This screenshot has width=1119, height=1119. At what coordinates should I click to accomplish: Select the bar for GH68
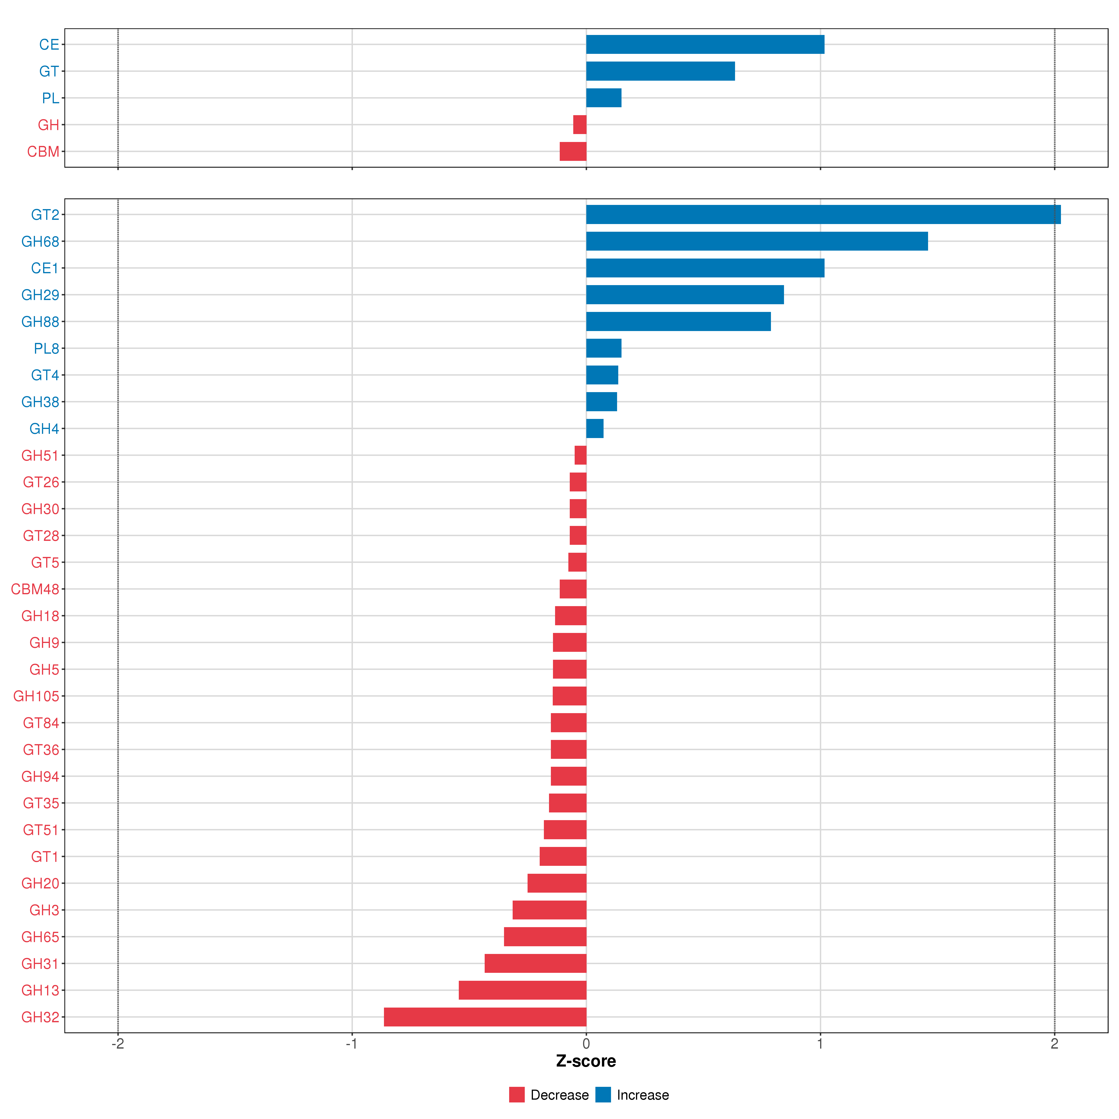click(x=757, y=241)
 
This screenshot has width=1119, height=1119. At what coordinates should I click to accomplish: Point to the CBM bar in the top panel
click(x=573, y=151)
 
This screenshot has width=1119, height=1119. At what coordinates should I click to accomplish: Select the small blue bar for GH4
click(x=595, y=429)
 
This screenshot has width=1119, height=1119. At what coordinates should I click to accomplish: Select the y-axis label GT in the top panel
click(x=49, y=71)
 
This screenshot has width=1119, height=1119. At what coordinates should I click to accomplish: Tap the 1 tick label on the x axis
click(x=820, y=1044)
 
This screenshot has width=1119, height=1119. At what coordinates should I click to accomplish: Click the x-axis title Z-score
click(x=586, y=1061)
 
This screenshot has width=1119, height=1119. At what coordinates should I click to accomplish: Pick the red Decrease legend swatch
click(x=517, y=1095)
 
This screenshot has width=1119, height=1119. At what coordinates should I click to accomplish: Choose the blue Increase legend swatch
click(x=603, y=1095)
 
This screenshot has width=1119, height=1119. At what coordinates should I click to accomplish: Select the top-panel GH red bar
click(x=580, y=124)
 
